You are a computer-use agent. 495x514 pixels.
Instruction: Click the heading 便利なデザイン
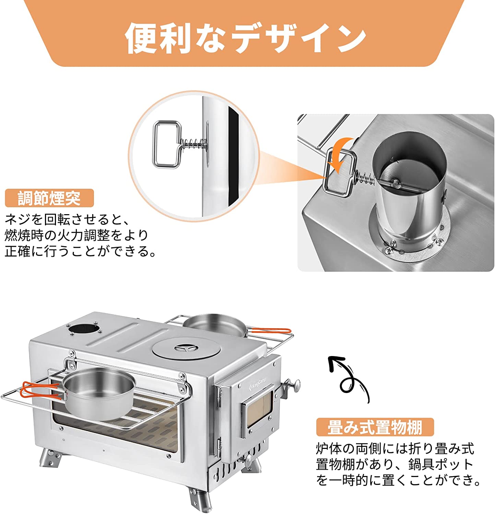pyautogui.click(x=246, y=38)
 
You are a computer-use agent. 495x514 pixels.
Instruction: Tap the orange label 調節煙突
pyautogui.click(x=49, y=198)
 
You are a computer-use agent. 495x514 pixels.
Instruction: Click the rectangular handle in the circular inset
pyautogui.click(x=167, y=144)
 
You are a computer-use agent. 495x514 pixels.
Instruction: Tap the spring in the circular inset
pyautogui.click(x=194, y=144)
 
